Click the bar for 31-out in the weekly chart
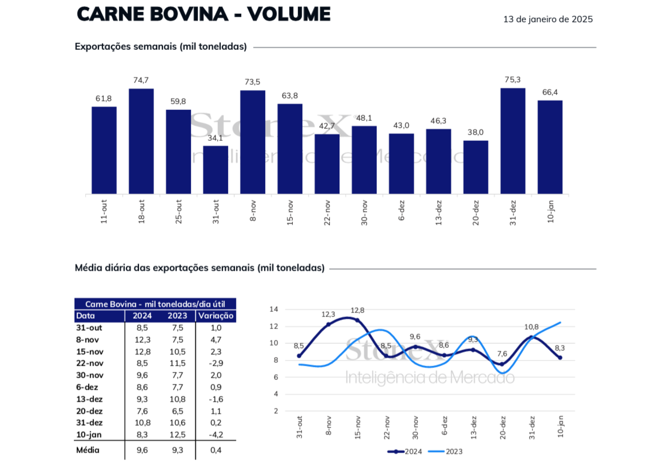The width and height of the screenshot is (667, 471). coord(215,170)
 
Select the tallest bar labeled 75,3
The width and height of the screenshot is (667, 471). coord(512,141)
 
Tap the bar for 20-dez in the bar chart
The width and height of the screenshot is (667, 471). coord(476,167)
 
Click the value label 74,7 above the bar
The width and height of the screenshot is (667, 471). coord(141,80)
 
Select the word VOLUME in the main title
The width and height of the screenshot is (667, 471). coord(289,14)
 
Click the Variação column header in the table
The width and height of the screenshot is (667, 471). coord(216,316)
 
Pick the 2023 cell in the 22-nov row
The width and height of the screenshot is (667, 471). coord(177,363)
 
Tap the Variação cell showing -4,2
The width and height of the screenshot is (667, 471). coord(216,435)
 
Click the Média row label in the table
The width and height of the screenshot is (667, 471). coord(88,450)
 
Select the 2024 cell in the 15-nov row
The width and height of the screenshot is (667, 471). coord(142,352)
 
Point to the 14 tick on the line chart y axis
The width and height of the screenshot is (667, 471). coord(274,309)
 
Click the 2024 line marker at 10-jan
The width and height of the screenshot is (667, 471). coord(560,358)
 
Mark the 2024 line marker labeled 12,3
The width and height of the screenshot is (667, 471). coord(328,324)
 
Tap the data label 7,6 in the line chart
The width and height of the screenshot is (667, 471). coord(502,354)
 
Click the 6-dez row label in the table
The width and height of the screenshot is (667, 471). coord(87,387)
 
